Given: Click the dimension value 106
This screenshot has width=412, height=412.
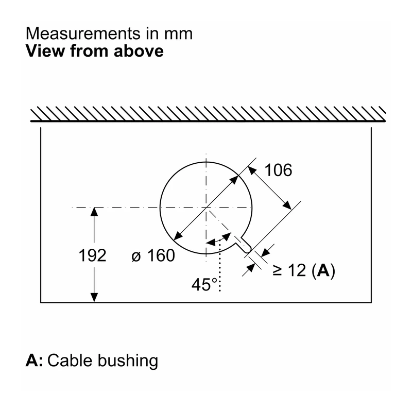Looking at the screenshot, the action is pos(278,170).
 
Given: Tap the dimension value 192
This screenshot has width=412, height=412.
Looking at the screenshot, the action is pos(93,255).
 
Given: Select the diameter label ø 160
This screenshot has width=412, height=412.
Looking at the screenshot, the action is pos(153,255).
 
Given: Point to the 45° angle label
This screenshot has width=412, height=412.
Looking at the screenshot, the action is pos(204,284).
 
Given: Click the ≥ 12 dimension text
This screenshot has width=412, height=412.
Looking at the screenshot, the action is pos(289,270).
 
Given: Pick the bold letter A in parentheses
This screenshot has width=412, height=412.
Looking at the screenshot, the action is pos(323,270).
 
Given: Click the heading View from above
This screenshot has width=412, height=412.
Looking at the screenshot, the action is pos(95,50).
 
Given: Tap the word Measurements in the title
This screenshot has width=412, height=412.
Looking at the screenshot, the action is pos(83,33).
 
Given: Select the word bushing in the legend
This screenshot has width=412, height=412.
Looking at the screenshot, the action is pos(128,361).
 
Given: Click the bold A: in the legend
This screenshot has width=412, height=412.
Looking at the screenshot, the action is pos(34,360).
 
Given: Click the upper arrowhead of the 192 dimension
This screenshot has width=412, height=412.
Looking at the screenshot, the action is pos(94,212).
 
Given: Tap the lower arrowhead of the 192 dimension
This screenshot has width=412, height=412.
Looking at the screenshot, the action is pos(94,298).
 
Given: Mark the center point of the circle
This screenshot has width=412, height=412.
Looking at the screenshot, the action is pos(207,208).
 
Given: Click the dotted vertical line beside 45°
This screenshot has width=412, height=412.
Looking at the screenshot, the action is pos(220,265).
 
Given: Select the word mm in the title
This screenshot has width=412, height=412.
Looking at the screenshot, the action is pos(179,34).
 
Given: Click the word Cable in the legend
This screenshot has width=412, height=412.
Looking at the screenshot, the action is pos(70,360).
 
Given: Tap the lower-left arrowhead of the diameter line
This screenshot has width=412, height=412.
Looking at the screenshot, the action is pos(178,236).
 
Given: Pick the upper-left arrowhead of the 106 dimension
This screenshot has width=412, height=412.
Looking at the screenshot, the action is pos(252,170).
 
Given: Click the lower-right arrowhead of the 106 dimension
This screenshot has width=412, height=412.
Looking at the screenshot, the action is pos(287,205).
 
